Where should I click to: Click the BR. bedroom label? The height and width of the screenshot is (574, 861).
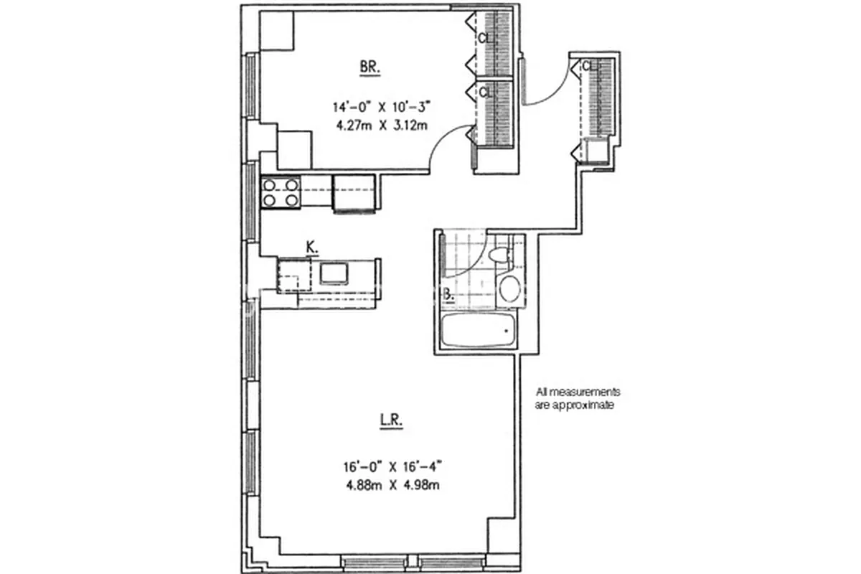tap(370, 68)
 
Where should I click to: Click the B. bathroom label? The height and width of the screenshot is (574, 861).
tap(447, 293)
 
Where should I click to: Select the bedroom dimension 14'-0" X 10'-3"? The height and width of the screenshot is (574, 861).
tap(380, 108)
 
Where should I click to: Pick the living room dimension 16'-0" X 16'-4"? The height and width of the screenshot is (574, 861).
tap(391, 466)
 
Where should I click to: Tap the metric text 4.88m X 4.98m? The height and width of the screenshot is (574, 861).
tap(391, 484)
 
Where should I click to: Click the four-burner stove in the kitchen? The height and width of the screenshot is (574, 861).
tap(281, 192)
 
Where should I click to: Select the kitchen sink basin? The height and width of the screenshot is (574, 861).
tap(334, 273)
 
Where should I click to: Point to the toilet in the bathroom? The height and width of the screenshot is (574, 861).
tap(499, 255)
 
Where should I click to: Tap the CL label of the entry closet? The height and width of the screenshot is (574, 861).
tap(589, 67)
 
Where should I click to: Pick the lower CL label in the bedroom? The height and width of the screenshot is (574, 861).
tap(486, 92)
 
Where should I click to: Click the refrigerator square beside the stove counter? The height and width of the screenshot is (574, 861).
tap(354, 194)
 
